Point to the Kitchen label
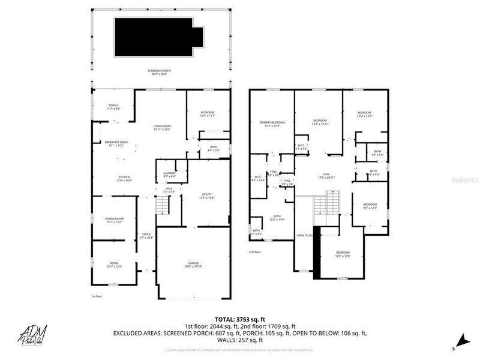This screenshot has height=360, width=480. coord(124,178)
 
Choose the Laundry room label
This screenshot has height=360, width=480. coord(169,175)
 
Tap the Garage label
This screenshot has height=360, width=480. coord(193,265)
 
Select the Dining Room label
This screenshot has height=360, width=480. coord(115,220)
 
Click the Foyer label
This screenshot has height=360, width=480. coord(146,236)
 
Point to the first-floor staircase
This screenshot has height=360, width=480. coord(161,206)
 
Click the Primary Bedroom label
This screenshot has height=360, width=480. coord(272,124)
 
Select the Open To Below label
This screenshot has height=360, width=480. coord(305,236)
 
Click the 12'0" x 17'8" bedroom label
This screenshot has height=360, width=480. coord(343,254)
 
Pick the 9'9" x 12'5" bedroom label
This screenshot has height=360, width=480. coord(369,207)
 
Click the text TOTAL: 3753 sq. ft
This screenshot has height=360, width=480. coord(239,319)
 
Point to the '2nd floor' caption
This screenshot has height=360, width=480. coord(255,252)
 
